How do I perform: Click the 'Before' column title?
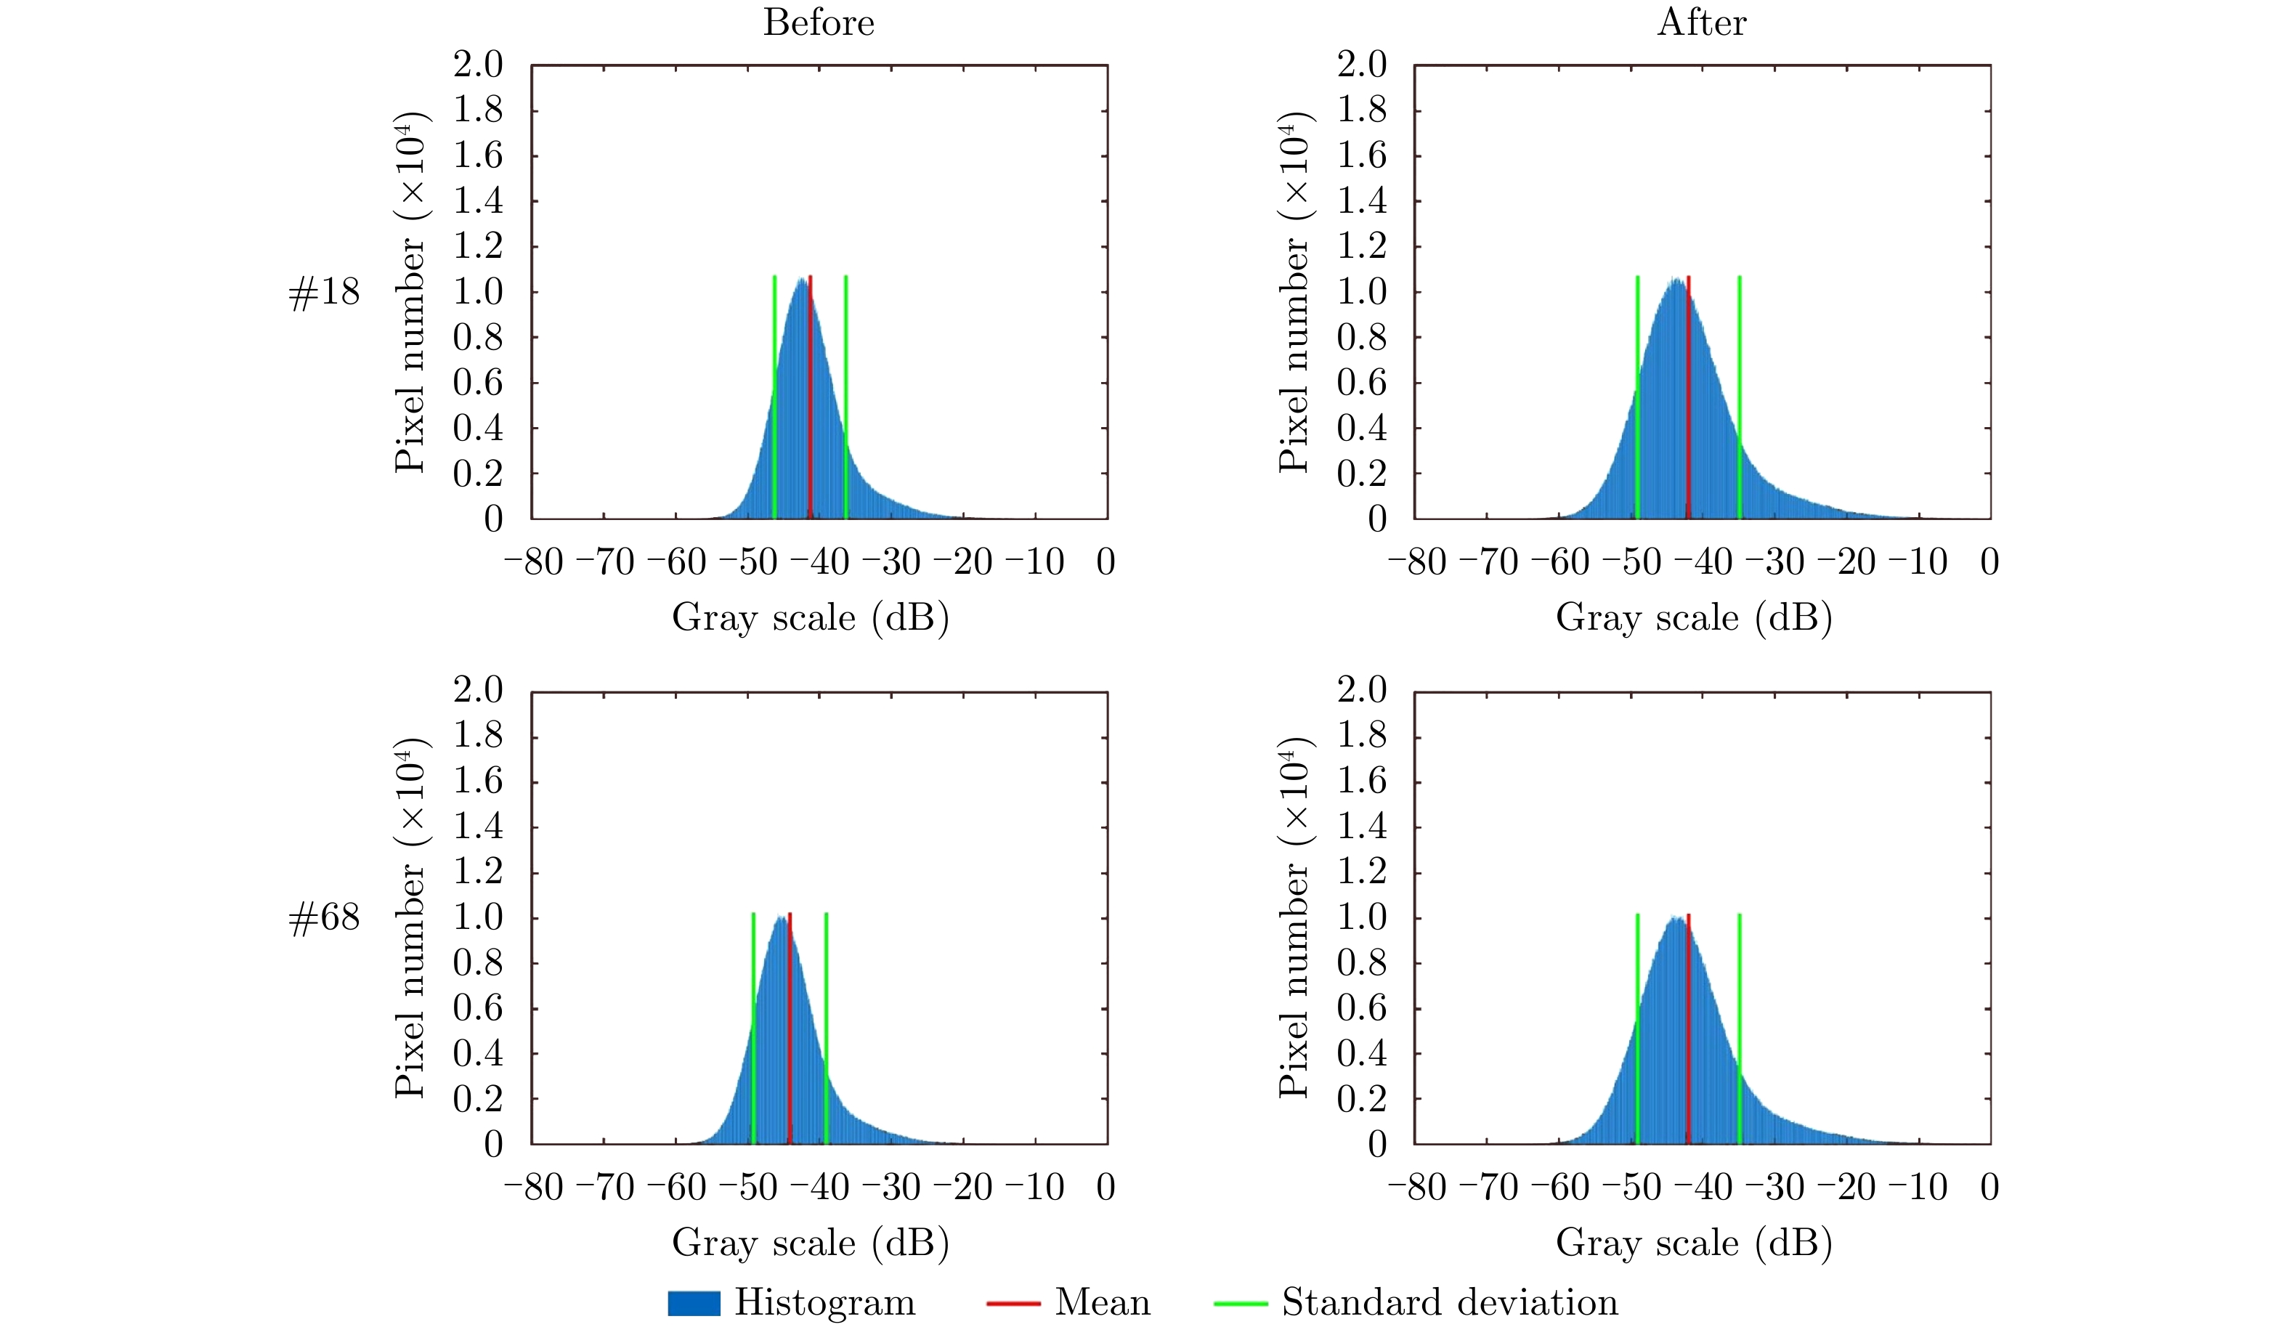click(x=818, y=22)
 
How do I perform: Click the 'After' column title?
click(x=1700, y=22)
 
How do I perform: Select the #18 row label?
click(x=323, y=292)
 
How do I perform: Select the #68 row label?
click(x=323, y=917)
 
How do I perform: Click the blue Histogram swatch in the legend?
click(x=694, y=1302)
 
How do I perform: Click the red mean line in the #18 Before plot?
click(x=810, y=399)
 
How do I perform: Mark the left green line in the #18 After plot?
click(x=1637, y=399)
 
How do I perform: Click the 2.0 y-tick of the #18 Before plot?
click(x=478, y=65)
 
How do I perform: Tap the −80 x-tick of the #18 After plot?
click(x=1416, y=562)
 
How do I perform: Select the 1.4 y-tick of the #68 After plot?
click(x=1361, y=826)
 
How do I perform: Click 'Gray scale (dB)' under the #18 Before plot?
click(x=810, y=617)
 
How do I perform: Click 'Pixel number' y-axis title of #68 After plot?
click(x=1294, y=981)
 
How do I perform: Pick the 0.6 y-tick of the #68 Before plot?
click(x=478, y=1007)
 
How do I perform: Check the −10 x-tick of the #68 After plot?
click(x=1918, y=1188)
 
